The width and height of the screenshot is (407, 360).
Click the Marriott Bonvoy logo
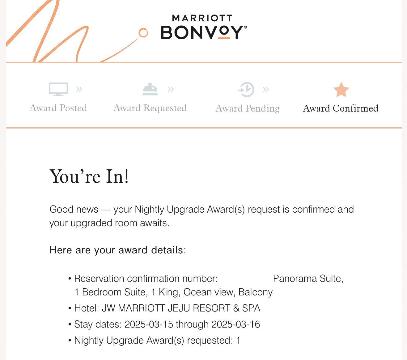pyautogui.click(x=203, y=27)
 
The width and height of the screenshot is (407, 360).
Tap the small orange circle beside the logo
pyautogui.click(x=143, y=33)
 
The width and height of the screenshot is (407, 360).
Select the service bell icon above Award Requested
pyautogui.click(x=150, y=89)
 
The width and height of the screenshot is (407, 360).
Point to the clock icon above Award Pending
pyautogui.click(x=246, y=90)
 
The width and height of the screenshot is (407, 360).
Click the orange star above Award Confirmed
pyautogui.click(x=341, y=90)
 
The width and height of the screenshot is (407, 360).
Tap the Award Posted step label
pyautogui.click(x=58, y=108)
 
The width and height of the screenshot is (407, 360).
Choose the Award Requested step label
pyautogui.click(x=150, y=108)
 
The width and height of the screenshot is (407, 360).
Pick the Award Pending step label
pyautogui.click(x=248, y=108)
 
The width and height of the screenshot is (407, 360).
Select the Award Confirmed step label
pyautogui.click(x=341, y=108)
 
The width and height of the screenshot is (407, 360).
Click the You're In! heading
pyautogui.click(x=89, y=177)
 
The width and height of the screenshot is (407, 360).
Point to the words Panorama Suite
pyautogui.click(x=307, y=279)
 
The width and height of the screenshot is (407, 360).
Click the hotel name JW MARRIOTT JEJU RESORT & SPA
pyautogui.click(x=181, y=308)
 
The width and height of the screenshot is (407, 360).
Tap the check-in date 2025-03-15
pyautogui.click(x=149, y=324)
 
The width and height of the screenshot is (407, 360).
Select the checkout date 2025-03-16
pyautogui.click(x=236, y=324)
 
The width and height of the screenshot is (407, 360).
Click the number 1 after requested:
pyautogui.click(x=238, y=341)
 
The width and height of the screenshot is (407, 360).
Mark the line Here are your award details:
pyautogui.click(x=118, y=250)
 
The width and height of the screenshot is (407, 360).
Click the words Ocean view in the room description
pyautogui.click(x=208, y=292)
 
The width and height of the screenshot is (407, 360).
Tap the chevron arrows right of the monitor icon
pyautogui.click(x=79, y=89)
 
